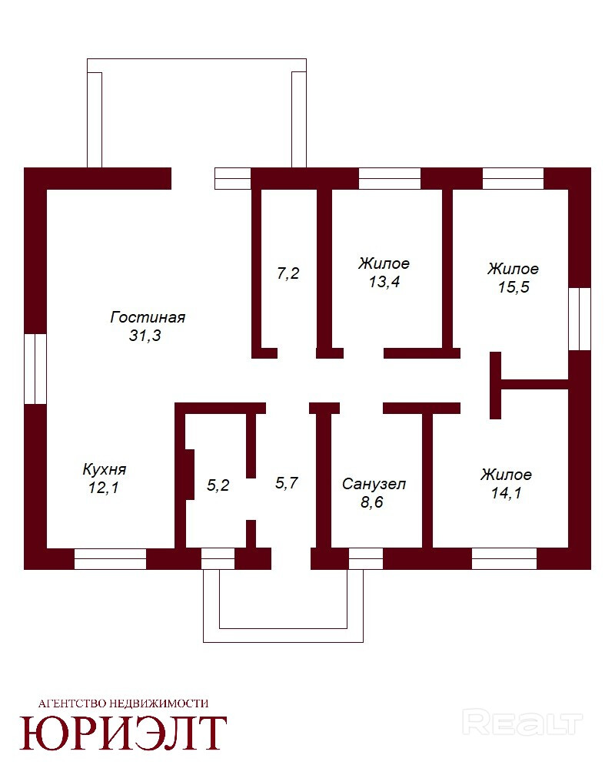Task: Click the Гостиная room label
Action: (x=148, y=316)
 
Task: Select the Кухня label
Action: (x=104, y=468)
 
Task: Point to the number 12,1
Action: (x=104, y=487)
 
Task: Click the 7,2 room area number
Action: (x=288, y=273)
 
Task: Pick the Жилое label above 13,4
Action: (x=384, y=263)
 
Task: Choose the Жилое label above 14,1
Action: (x=506, y=475)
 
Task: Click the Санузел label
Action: (x=374, y=485)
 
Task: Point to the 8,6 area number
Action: (x=373, y=503)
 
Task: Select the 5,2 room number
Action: (x=219, y=485)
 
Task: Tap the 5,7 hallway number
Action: (x=286, y=483)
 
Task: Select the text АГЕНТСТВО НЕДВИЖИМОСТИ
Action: (x=123, y=702)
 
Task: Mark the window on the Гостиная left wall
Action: (x=35, y=369)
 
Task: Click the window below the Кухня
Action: (x=110, y=559)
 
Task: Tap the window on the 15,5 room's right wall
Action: (x=579, y=319)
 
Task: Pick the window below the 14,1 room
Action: (x=504, y=559)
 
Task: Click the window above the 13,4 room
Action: (x=390, y=178)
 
